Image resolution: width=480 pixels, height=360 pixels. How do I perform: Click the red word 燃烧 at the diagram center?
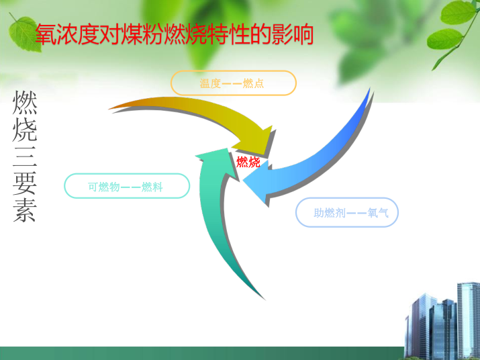click(248, 162)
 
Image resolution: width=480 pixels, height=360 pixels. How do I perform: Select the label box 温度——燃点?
click(233, 83)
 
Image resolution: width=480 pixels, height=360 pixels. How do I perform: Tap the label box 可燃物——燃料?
click(127, 186)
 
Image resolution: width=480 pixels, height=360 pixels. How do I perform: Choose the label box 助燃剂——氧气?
click(347, 212)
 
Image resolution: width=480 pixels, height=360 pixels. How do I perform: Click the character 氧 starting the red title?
click(46, 34)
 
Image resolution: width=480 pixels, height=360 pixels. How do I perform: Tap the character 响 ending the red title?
click(303, 34)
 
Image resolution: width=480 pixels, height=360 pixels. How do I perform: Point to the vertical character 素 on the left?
click(25, 210)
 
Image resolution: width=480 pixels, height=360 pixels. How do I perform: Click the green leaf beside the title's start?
click(24, 34)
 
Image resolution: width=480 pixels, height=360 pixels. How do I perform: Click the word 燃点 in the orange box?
click(253, 83)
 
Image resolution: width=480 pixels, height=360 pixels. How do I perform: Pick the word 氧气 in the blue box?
click(378, 213)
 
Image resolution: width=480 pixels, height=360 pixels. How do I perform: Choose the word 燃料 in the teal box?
click(152, 187)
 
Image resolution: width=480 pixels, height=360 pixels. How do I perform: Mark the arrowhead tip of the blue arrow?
click(243, 181)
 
